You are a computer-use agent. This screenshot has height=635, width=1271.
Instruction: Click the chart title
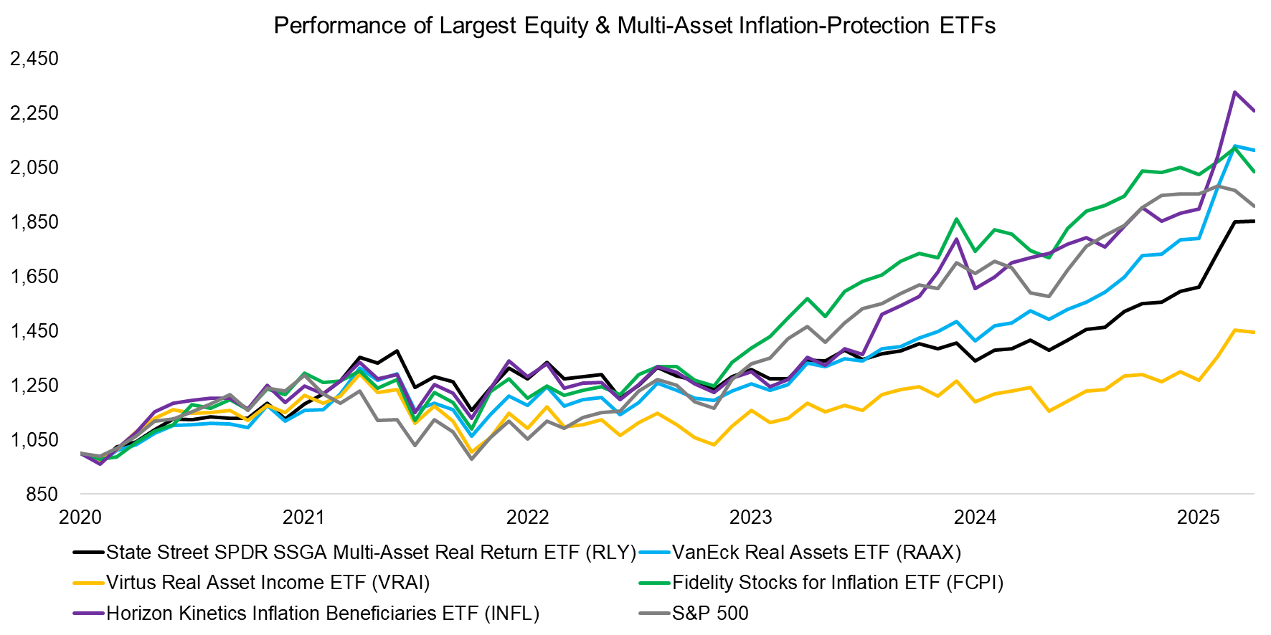pos(634,26)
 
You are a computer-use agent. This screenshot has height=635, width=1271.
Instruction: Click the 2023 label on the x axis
pos(750,517)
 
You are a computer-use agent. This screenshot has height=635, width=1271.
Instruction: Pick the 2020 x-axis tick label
pos(80,517)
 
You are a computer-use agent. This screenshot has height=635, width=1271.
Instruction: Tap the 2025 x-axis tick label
pos(1198,517)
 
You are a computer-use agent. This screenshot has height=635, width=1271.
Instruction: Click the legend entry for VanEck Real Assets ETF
pos(816,553)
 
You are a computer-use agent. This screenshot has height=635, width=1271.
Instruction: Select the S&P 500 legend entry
pos(709,613)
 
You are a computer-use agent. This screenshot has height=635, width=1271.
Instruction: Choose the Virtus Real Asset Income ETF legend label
pos(268,583)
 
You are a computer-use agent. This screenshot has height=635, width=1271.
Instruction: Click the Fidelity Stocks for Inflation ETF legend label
pos(837,583)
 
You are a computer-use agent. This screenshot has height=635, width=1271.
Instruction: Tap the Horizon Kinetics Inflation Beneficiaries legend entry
pos(322,613)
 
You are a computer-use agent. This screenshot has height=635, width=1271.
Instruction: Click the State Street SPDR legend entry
pos(371,553)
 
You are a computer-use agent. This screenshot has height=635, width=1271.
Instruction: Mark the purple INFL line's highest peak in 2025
pos(1234,92)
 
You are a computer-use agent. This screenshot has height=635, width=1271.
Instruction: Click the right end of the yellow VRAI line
pos(1254,332)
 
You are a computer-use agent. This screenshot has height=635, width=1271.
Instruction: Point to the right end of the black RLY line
pos(1254,221)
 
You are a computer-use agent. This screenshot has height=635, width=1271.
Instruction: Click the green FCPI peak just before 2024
pos(956,219)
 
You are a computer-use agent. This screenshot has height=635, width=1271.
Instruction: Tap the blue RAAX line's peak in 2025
pos(1234,146)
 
